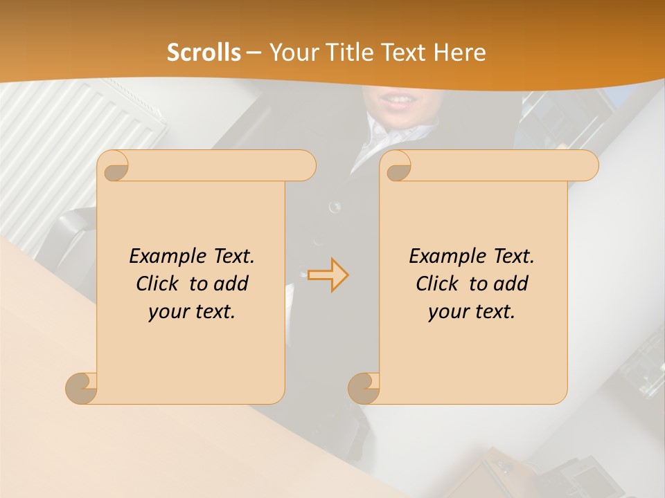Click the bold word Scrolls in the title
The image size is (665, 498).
[204, 53]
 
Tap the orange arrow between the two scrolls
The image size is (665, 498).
[328, 275]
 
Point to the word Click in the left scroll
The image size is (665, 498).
[158, 284]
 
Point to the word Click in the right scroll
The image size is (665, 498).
[438, 284]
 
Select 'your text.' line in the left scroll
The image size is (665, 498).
[192, 312]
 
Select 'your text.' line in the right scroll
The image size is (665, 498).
[472, 312]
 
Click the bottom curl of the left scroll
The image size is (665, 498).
[81, 388]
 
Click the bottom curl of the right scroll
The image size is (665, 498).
[364, 388]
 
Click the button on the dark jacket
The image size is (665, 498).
[335, 206]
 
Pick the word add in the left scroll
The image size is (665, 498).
[231, 284]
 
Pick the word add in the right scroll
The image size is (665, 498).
[511, 284]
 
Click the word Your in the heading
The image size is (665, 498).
[292, 53]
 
